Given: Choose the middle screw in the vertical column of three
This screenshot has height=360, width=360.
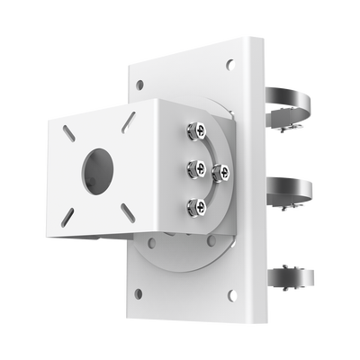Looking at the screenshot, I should coord(193,168).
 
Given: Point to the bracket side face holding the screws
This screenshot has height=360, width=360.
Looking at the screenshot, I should coord(180,171).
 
